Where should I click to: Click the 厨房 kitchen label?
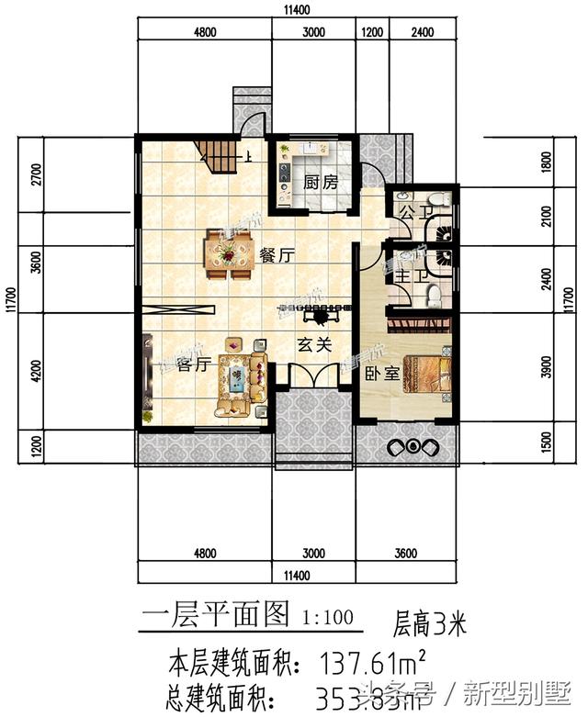tap(321, 182)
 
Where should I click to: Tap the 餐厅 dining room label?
tap(276, 256)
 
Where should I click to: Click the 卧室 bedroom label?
tap(380, 374)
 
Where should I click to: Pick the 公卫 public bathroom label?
tap(407, 213)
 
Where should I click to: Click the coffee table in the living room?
tap(234, 374)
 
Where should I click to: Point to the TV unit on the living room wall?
tap(147, 372)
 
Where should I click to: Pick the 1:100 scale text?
tap(326, 617)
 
